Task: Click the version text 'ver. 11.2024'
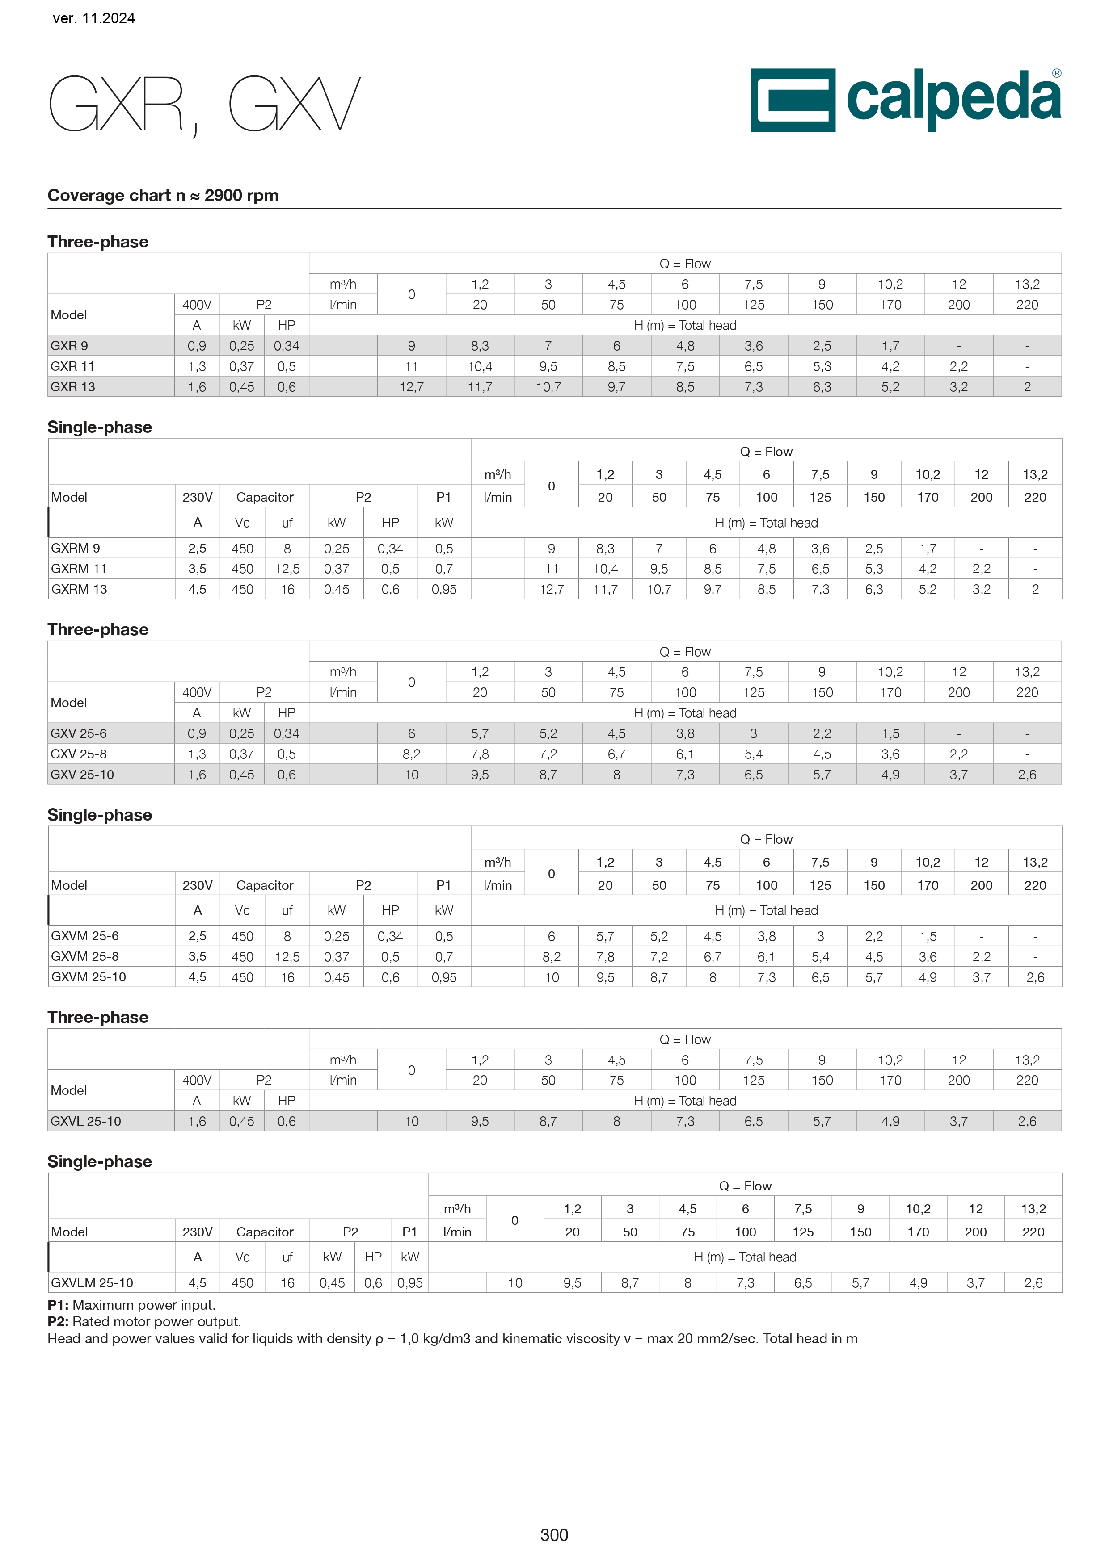pyautogui.click(x=93, y=18)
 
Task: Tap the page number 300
pyautogui.click(x=554, y=1535)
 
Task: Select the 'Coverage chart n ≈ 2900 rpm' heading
pyautogui.click(x=163, y=195)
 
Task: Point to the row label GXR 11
pyautogui.click(x=72, y=366)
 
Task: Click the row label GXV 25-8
pyautogui.click(x=79, y=754)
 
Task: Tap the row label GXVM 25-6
pyautogui.click(x=84, y=936)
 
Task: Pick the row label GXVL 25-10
pyautogui.click(x=85, y=1121)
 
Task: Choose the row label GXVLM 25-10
pyautogui.click(x=92, y=1283)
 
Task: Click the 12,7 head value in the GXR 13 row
pyautogui.click(x=411, y=387)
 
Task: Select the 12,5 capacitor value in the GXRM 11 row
pyautogui.click(x=287, y=569)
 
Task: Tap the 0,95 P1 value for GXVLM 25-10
pyautogui.click(x=410, y=1283)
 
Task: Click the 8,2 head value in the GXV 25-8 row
pyautogui.click(x=411, y=754)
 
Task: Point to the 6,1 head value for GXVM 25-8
pyautogui.click(x=766, y=957)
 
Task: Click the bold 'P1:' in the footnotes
pyautogui.click(x=58, y=1305)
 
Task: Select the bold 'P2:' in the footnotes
pyautogui.click(x=58, y=1321)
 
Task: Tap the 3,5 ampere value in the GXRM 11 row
pyautogui.click(x=198, y=569)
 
